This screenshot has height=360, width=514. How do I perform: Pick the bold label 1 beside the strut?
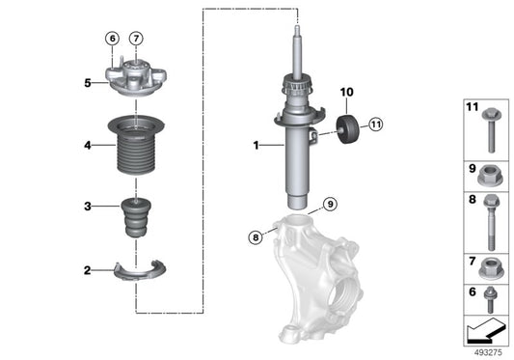256,146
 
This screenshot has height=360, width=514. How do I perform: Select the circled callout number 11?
375,124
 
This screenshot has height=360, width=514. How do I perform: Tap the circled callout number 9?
329,204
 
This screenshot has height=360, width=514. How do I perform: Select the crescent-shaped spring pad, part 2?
141,271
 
